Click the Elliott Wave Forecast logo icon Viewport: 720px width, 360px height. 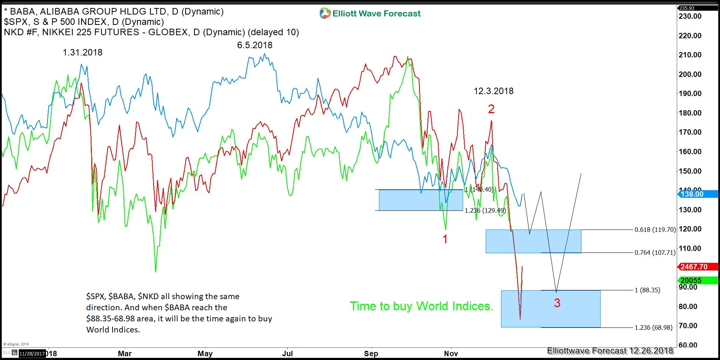point(325,13)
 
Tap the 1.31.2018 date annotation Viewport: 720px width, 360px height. point(83,52)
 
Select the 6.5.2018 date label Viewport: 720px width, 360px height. point(255,45)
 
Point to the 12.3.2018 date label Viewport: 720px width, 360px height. point(493,91)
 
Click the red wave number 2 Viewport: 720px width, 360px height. point(491,109)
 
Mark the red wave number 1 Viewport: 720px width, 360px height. point(445,239)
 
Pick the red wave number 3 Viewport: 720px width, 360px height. point(557,303)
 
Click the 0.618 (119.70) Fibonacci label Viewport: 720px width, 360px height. point(655,230)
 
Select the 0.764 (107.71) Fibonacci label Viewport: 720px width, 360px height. point(655,252)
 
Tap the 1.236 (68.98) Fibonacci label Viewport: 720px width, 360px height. point(653,327)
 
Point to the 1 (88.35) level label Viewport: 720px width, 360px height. point(647,290)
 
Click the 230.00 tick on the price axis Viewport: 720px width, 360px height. point(690,16)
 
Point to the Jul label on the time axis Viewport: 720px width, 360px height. point(287,353)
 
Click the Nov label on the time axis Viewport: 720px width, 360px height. point(451,353)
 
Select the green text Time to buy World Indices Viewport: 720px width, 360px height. point(421,306)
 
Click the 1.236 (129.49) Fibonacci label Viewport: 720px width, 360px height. point(485,210)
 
